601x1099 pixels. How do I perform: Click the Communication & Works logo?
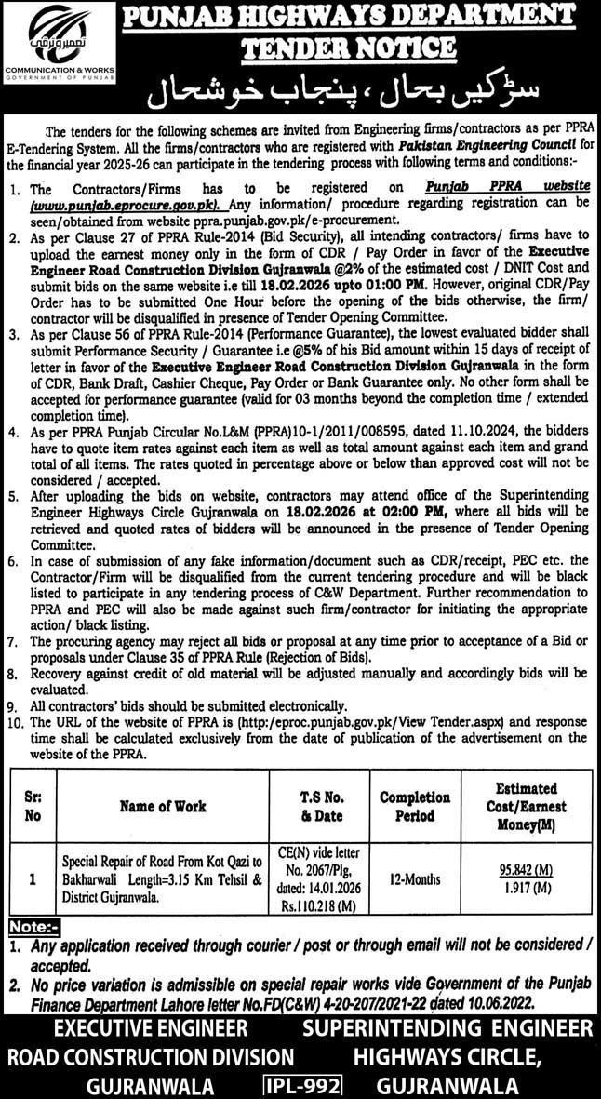point(60,34)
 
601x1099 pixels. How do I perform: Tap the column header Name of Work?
point(163,806)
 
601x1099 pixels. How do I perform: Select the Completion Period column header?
point(414,807)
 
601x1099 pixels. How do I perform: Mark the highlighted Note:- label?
point(34,928)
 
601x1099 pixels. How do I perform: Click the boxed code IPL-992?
point(302,1085)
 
